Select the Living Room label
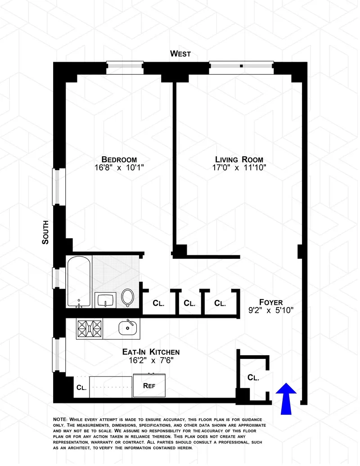click(x=239, y=159)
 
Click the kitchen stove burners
click(x=90, y=329)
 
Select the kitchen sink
click(x=128, y=328)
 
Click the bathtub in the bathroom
click(x=79, y=281)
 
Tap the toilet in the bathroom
click(x=128, y=298)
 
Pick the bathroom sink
click(x=106, y=300)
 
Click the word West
click(x=180, y=54)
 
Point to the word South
click(x=45, y=232)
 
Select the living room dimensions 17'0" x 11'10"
click(x=239, y=168)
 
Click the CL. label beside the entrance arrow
click(x=253, y=378)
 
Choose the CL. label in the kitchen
click(x=81, y=387)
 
